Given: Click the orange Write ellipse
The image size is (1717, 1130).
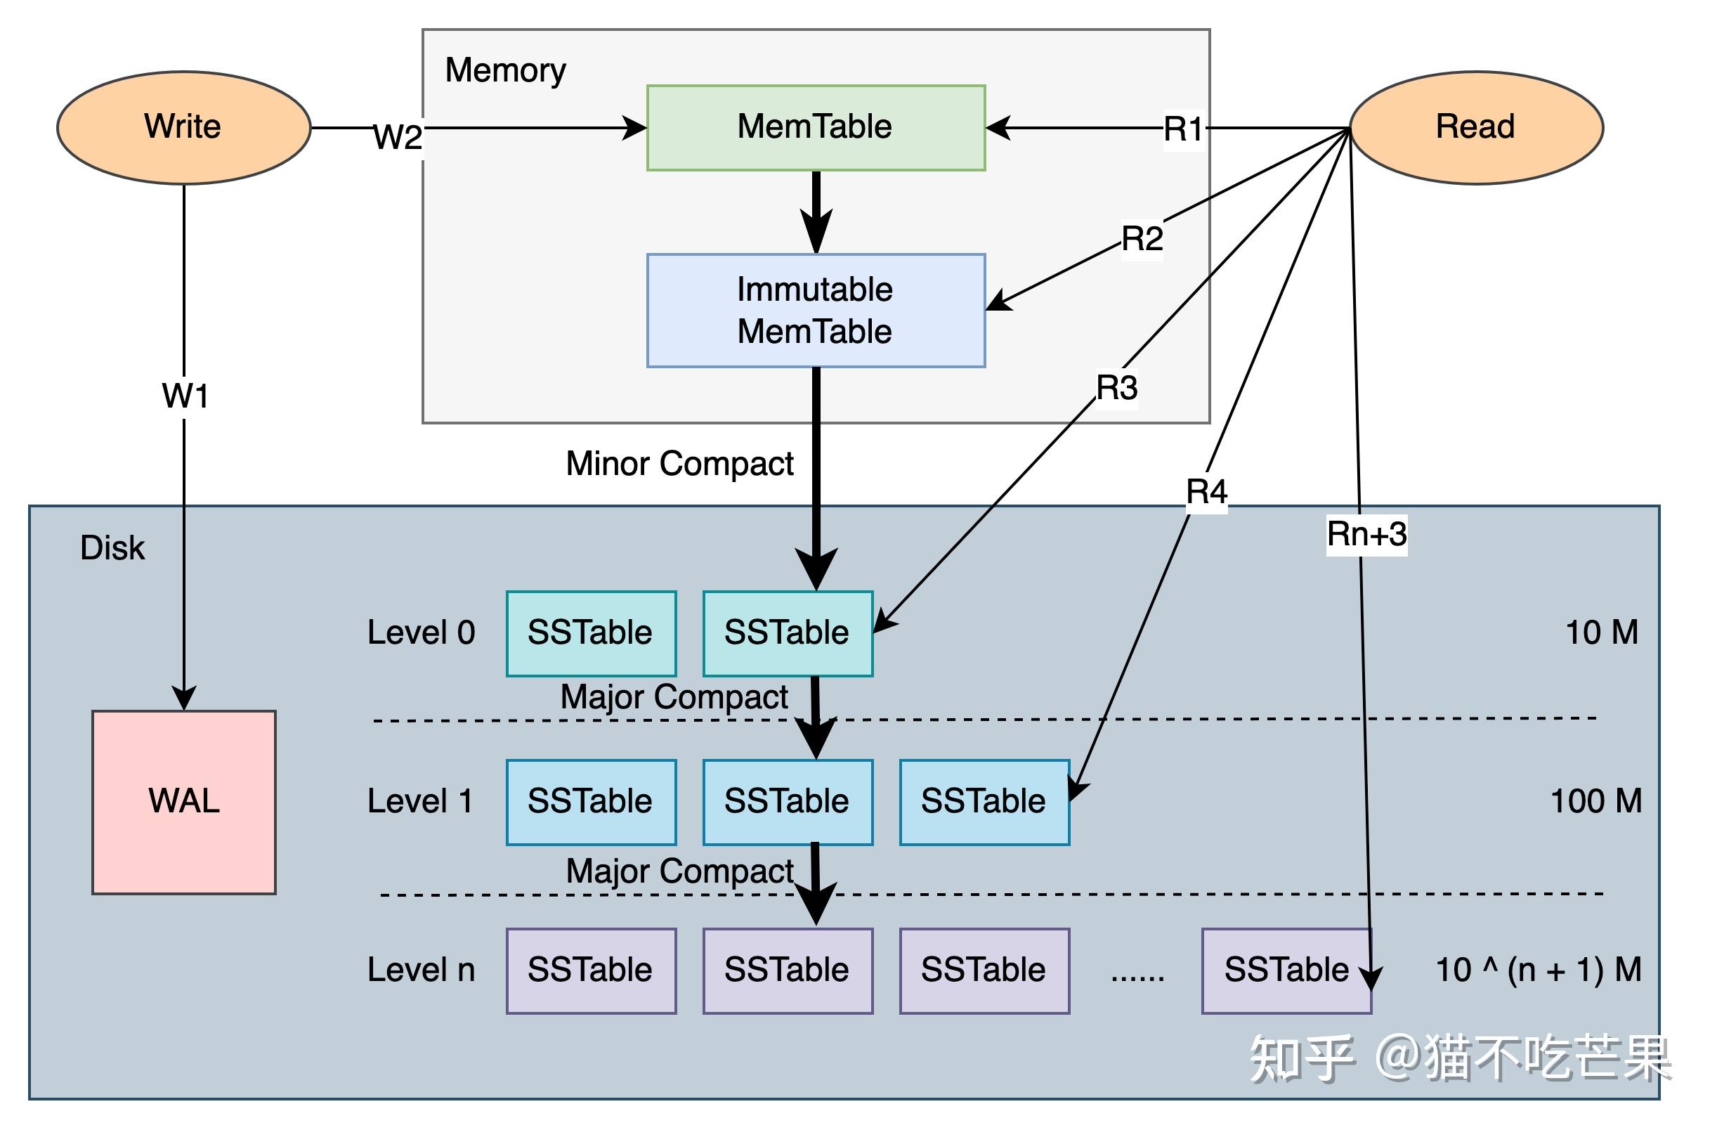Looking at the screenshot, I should [x=183, y=127].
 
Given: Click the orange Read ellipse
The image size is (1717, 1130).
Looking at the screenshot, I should [x=1475, y=127].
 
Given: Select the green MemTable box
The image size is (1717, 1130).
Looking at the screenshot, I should [x=815, y=127].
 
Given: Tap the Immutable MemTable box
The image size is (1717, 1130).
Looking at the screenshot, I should [x=815, y=311].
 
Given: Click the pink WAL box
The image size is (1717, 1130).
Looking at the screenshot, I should [x=183, y=802].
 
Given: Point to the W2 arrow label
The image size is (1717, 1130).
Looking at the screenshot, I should [x=397, y=136].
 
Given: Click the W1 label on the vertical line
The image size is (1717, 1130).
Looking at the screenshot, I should [x=185, y=396].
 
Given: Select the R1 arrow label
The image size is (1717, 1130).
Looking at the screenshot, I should [x=1183, y=130].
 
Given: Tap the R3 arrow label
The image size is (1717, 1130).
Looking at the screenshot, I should [x=1116, y=388].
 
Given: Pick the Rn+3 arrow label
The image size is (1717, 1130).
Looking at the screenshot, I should [x=1366, y=535].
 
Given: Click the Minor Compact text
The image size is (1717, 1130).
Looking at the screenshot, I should [x=679, y=463].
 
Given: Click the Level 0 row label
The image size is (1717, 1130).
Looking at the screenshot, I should [x=421, y=633].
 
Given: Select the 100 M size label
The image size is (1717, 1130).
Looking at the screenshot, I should [x=1595, y=802].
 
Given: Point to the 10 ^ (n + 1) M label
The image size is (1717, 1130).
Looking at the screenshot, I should [x=1537, y=970].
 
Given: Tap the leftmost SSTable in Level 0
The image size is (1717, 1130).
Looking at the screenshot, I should [x=590, y=633].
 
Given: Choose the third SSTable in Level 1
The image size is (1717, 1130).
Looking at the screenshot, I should [x=984, y=802].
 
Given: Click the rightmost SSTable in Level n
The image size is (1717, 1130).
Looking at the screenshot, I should [x=1286, y=970].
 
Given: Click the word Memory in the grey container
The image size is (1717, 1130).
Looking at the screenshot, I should [x=505, y=71].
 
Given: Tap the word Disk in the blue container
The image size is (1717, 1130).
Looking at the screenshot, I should [x=112, y=548].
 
